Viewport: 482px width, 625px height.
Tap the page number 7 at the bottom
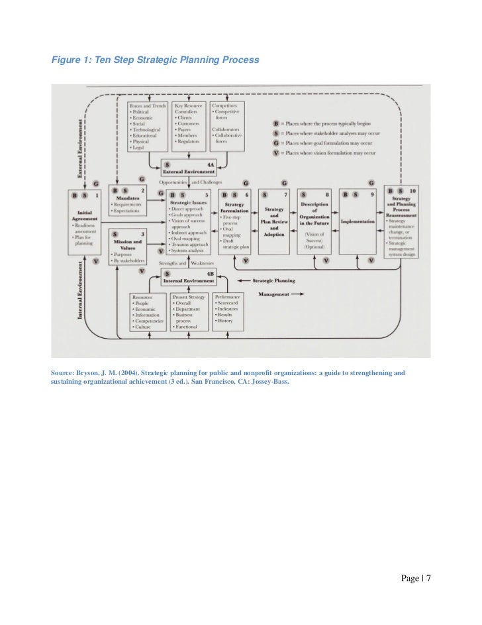point(428,579)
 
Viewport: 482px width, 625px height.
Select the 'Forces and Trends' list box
point(146,126)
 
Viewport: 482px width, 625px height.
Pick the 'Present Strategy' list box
point(189,312)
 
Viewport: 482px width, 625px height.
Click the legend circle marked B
point(274,124)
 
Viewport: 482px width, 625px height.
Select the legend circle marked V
point(274,153)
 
